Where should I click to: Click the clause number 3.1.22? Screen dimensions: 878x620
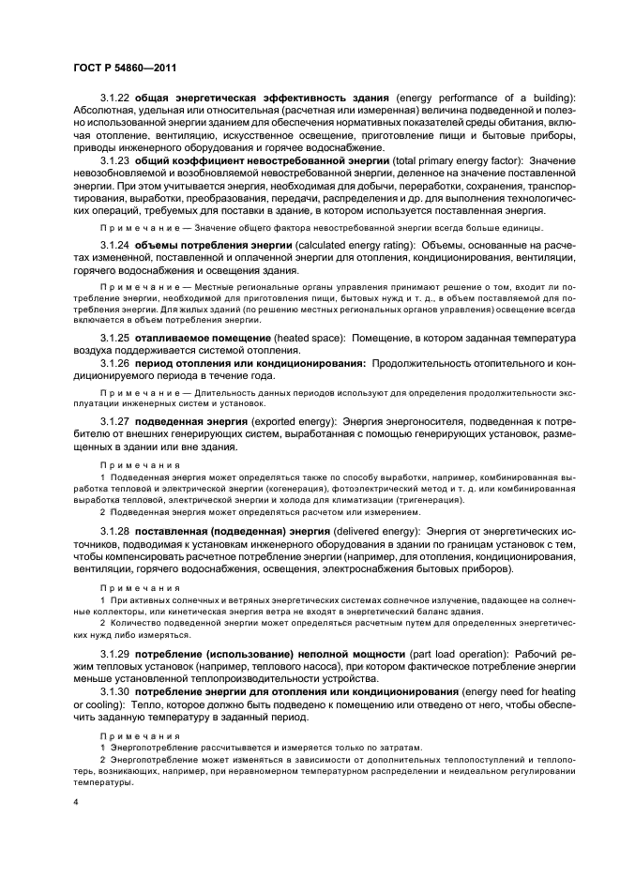pos(114,98)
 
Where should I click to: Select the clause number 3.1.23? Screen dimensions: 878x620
pos(114,162)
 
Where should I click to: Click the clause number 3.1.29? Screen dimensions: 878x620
pos(114,651)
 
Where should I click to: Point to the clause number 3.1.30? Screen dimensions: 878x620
pos(114,690)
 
